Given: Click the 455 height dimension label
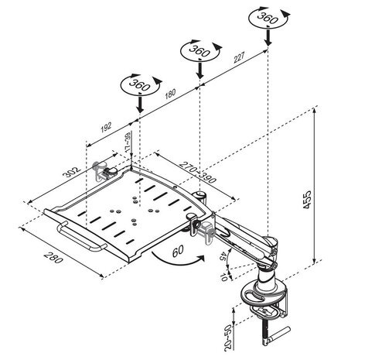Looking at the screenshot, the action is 307,200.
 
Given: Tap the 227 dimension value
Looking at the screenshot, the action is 239,57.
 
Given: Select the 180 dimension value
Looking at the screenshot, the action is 170,94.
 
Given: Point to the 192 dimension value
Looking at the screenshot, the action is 106,127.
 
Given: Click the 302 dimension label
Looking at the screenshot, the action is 72,172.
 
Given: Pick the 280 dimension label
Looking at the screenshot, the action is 53,257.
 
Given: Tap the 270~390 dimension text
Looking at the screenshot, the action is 198,172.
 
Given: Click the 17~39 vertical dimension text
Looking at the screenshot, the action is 127,143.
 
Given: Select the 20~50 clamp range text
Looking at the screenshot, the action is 228,338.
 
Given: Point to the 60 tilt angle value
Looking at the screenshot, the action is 178,251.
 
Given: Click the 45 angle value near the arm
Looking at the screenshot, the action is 223,256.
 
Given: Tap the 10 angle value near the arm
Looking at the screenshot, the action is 223,277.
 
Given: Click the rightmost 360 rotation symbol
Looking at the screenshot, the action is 268,17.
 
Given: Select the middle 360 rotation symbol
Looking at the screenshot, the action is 200,50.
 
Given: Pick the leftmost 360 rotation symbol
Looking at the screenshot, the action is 141,85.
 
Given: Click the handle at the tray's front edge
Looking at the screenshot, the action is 80,237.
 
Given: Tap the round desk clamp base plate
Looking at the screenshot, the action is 264,293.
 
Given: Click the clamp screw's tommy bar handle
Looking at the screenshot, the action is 278,336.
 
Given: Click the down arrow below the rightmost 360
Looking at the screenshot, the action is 268,37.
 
